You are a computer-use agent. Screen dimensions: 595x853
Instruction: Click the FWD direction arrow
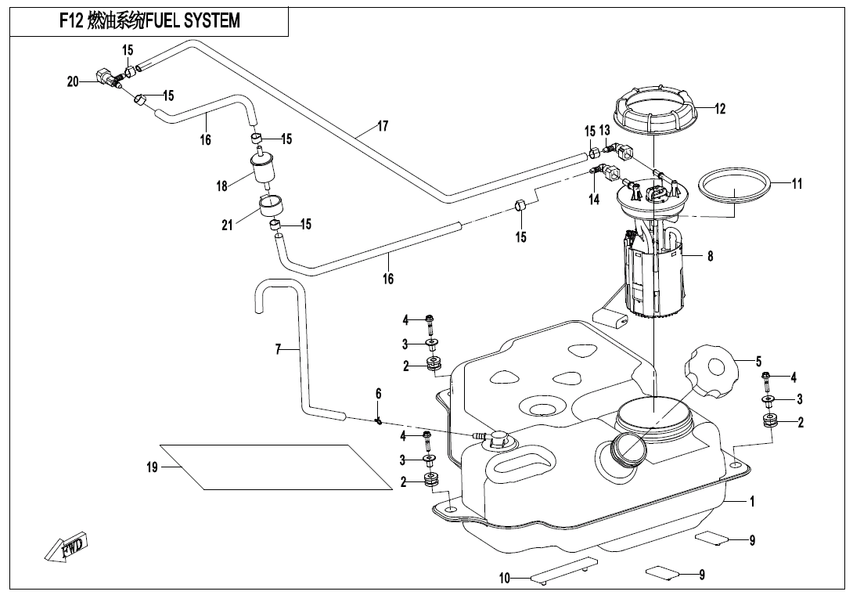coord(67,546)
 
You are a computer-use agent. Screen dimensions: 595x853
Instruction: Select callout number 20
coord(73,81)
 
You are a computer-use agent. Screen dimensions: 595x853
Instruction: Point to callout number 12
coord(720,109)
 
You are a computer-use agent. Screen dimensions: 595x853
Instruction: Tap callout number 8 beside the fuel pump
coord(710,255)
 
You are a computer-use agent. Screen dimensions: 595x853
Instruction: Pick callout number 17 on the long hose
coord(383,125)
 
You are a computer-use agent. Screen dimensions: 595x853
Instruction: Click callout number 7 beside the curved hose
coord(278,349)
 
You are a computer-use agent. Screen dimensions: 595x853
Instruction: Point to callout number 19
coord(152,467)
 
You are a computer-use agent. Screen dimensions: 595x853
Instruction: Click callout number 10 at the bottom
coord(505,579)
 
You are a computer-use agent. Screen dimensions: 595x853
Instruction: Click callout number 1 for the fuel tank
coord(752,502)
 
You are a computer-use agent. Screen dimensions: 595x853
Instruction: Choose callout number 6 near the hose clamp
coord(378,393)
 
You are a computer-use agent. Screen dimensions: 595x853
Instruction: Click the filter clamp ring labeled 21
coord(271,210)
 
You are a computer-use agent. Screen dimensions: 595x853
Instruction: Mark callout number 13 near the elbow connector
coord(604,131)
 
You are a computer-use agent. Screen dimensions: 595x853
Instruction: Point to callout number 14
coord(594,200)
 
